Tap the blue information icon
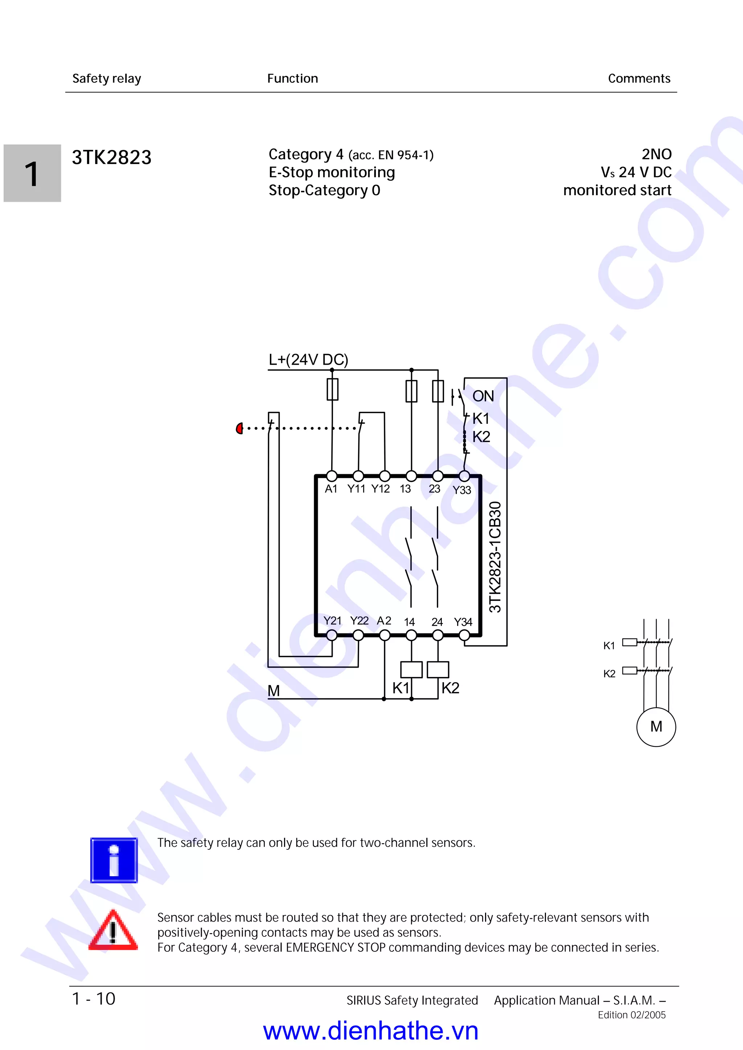click(114, 860)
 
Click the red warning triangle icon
click(113, 931)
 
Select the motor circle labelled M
click(656, 726)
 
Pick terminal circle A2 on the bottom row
click(385, 635)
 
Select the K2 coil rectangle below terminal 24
click(438, 669)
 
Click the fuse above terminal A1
click(333, 389)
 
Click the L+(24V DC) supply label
click(308, 360)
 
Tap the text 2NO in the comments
click(657, 154)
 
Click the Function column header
click(292, 79)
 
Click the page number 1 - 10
click(94, 999)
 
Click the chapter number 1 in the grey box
click(32, 174)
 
